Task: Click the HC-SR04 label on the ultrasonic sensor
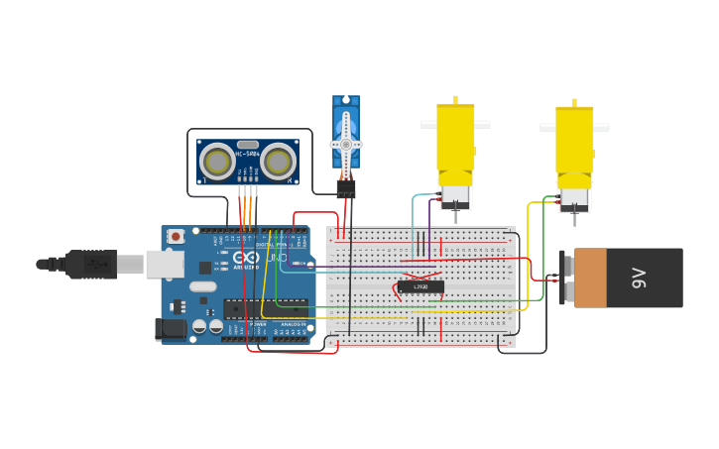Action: coord(247,154)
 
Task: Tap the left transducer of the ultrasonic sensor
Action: coord(217,162)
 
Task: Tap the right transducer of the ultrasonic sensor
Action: coord(279,162)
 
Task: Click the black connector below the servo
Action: coord(345,187)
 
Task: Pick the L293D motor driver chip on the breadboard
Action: coord(420,287)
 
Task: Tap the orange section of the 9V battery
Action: coord(590,278)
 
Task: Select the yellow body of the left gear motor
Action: coord(455,136)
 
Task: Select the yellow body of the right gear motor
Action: coord(574,138)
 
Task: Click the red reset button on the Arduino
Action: coord(176,236)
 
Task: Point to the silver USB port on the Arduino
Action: coord(164,264)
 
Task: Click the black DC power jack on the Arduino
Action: coord(171,329)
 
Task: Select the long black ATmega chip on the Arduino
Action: coord(265,308)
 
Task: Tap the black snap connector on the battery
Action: coord(566,279)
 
